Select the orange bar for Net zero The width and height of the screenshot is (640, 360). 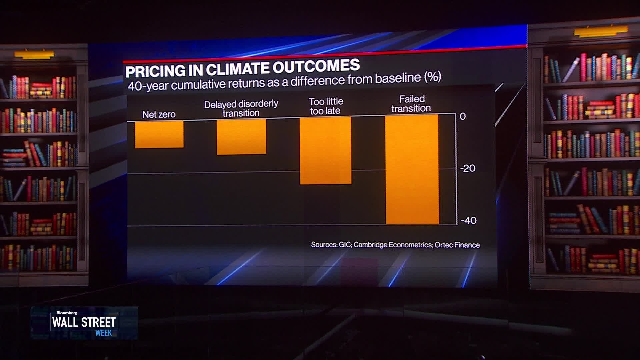coord(159,134)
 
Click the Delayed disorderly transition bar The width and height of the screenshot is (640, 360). coord(241,137)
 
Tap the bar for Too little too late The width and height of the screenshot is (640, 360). coord(325,150)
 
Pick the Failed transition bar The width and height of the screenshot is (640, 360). coord(412,169)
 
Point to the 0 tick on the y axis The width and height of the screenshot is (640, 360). coord(463,116)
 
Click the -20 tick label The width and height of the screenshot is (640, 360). coord(467,168)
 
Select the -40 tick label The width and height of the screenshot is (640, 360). coord(468,221)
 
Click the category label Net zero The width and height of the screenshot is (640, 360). coord(159,115)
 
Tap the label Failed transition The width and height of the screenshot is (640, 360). coord(411,104)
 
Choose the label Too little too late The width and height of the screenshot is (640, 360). coord(326,106)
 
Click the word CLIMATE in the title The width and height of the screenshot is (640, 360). coord(238,69)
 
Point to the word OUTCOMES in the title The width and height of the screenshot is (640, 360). coord(317,66)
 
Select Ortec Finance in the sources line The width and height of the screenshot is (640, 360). coord(457,245)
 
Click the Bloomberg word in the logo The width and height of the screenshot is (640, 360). coord(67,313)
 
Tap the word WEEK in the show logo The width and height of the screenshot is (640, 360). coord(103,333)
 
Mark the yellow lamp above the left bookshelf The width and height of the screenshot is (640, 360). coord(34,54)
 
